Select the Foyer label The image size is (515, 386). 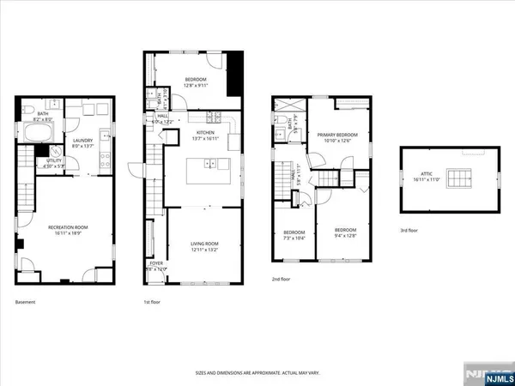(x=155, y=266)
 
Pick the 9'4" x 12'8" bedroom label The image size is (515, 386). (x=344, y=232)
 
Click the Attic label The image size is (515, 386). (x=427, y=178)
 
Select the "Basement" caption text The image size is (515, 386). (x=27, y=303)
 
